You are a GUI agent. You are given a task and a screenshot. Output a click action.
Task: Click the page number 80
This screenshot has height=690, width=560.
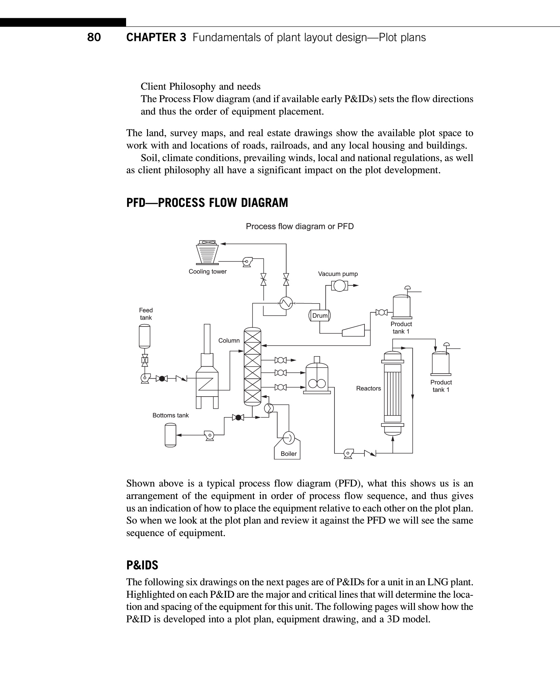coord(94,37)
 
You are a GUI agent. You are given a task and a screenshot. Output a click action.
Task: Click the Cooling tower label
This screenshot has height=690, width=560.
coord(207,272)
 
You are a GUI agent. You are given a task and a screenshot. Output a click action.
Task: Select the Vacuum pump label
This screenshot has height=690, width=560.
coord(338,274)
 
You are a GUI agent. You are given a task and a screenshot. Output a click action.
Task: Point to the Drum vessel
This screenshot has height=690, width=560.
coord(320,316)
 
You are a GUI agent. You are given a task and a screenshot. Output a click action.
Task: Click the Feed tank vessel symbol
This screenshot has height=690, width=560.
coord(145,336)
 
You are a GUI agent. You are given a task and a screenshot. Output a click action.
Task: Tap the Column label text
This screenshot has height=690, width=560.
coord(229,341)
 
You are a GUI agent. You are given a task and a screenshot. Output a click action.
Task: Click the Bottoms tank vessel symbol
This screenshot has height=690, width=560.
coord(170,435)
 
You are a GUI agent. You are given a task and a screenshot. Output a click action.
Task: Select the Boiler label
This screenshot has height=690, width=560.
coord(289,454)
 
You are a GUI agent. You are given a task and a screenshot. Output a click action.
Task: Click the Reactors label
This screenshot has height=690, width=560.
coord(369,388)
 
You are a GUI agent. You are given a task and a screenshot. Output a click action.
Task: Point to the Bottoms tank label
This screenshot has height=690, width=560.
coord(171,415)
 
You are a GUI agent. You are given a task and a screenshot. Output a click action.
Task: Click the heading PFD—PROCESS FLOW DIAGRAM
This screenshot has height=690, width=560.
coord(207,203)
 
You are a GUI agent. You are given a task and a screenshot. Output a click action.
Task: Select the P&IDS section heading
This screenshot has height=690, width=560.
coord(142,565)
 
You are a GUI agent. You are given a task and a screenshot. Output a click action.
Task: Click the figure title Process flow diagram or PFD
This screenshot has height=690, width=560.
coord(300,226)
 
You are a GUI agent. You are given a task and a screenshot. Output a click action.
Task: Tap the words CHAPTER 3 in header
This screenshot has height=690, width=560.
coord(156,37)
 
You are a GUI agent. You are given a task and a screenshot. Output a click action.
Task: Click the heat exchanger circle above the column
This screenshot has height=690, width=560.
coord(286,304)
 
